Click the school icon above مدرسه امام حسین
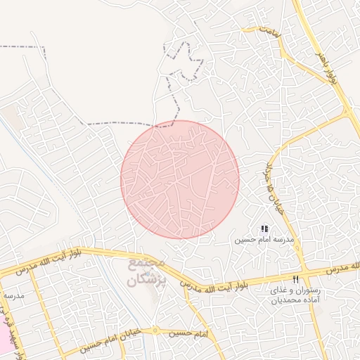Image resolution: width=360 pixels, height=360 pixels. (264, 229)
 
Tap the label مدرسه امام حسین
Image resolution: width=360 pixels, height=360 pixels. (264, 240)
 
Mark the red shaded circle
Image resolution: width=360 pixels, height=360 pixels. (180, 179)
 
